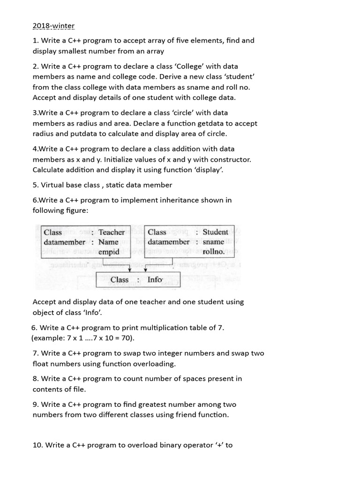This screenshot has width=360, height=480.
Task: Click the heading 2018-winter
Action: pos(53,25)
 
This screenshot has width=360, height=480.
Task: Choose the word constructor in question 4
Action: pos(230,159)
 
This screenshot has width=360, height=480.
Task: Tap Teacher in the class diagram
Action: pos(112,232)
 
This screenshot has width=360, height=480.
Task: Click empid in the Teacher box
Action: pos(109,252)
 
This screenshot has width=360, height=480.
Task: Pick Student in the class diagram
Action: pos(215,232)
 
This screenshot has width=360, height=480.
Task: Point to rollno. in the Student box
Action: pos(213,252)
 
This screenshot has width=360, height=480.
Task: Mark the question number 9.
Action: pos(36,405)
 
